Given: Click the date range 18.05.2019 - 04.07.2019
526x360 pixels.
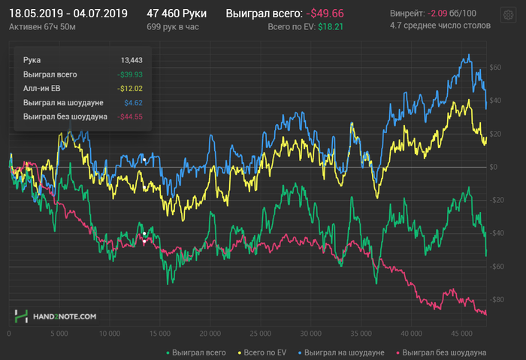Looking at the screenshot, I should pos(68,14).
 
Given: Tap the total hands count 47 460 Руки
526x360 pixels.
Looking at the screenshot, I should pos(177,14).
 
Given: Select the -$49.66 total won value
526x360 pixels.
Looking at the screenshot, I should pos(325,14).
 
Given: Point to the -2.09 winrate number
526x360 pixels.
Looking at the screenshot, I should pos(440,14).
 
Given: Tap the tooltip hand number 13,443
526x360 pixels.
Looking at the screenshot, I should pos(131,60).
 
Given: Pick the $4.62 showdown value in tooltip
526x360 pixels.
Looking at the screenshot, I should pos(133,102).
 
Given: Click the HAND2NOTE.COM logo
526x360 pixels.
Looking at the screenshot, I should pos(56,316).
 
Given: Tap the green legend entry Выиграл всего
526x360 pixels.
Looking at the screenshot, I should pos(195,352).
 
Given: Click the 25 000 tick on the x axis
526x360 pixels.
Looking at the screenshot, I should pos(260,332).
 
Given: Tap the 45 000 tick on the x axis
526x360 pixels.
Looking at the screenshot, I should pos(461,332).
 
